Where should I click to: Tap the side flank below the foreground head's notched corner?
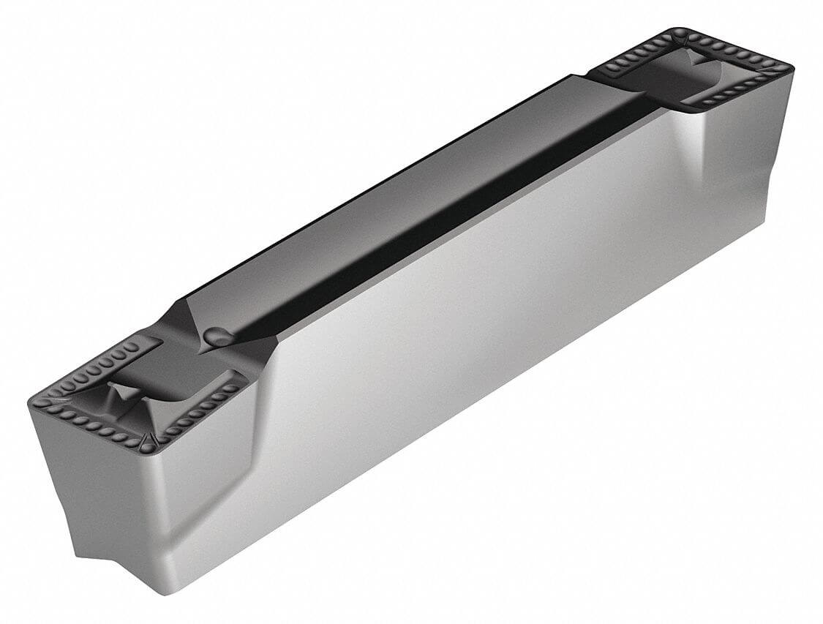point(183,497)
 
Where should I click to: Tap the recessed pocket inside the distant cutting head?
point(658,77)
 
